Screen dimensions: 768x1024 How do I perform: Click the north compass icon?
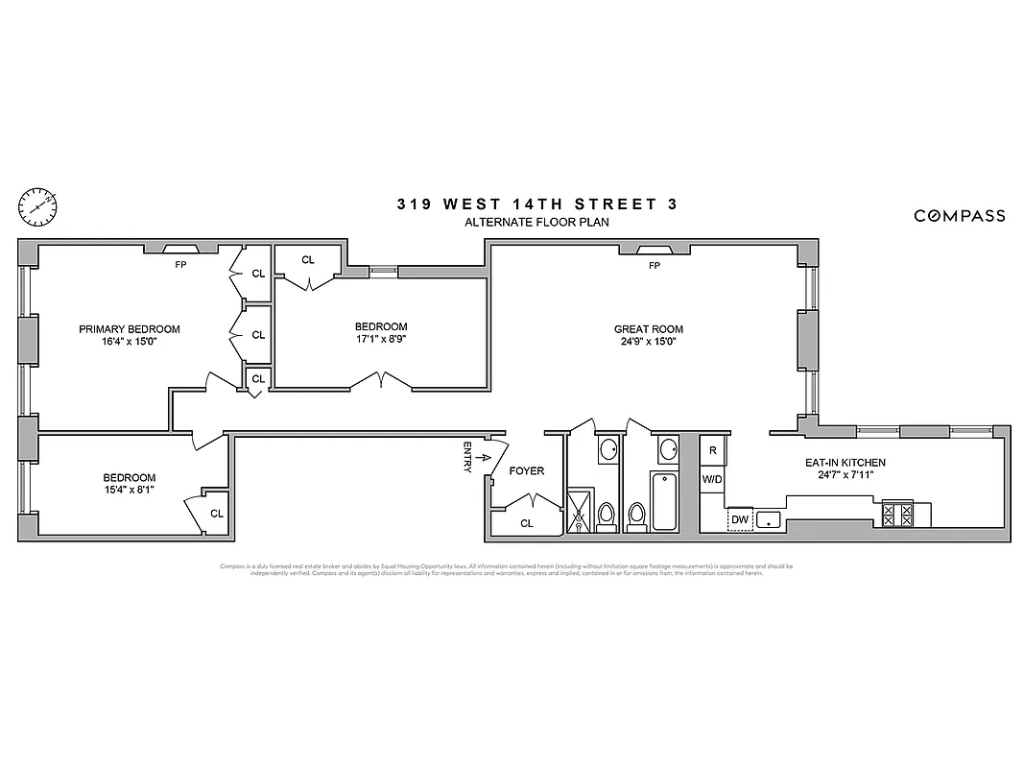pyautogui.click(x=37, y=204)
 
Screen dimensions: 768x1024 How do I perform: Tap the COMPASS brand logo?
pyautogui.click(x=959, y=216)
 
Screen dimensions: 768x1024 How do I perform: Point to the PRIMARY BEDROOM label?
pyautogui.click(x=129, y=329)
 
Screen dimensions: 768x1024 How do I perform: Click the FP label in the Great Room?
pyautogui.click(x=655, y=266)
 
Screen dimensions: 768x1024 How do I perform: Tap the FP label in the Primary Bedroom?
pyautogui.click(x=179, y=265)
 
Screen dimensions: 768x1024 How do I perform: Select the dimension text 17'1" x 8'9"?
pyautogui.click(x=381, y=339)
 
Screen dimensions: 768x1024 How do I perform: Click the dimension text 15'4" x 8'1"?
pyautogui.click(x=129, y=490)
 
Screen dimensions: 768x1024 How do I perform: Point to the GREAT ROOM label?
pyautogui.click(x=648, y=329)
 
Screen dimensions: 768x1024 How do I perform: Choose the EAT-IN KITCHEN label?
pyautogui.click(x=845, y=463)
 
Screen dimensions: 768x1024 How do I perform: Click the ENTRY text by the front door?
pyautogui.click(x=467, y=456)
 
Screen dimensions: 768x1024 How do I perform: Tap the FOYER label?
pyautogui.click(x=526, y=471)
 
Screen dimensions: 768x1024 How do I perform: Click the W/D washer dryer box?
pyautogui.click(x=712, y=478)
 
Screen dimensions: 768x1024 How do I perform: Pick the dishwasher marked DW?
pyautogui.click(x=739, y=519)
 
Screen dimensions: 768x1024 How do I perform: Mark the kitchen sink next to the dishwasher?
pyautogui.click(x=769, y=519)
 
